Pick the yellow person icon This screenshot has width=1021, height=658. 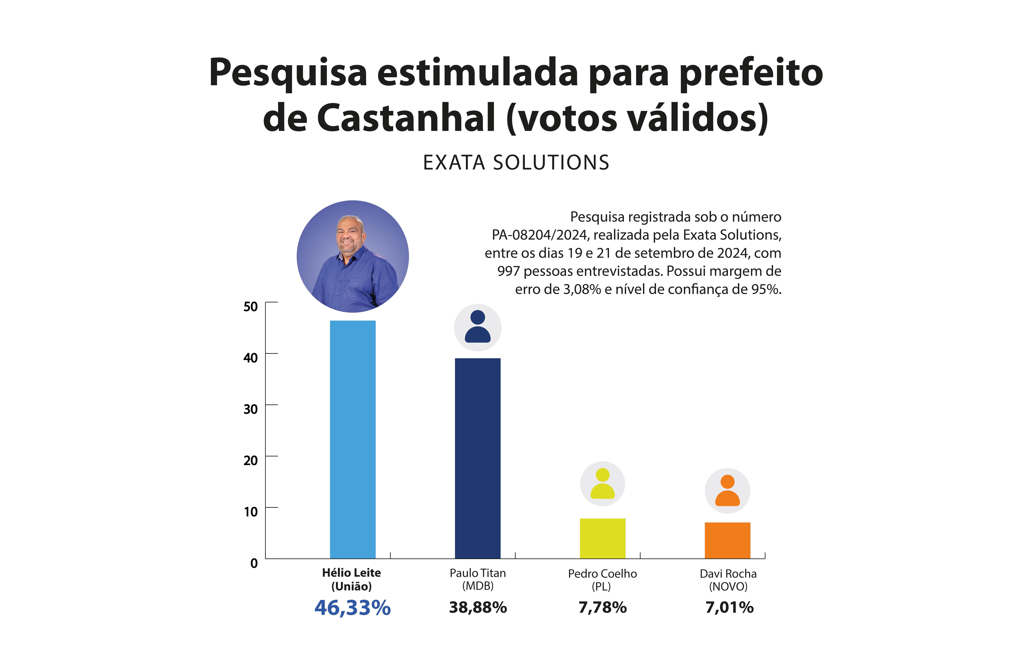[x=602, y=484]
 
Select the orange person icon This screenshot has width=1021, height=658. [x=727, y=491]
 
